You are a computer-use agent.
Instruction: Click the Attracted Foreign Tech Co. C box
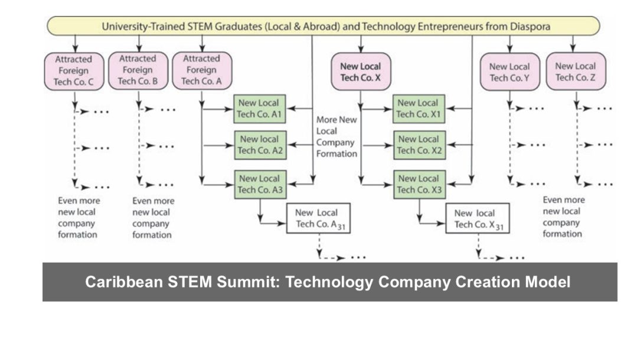tap(74, 71)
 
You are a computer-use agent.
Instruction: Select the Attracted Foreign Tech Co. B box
tap(138, 70)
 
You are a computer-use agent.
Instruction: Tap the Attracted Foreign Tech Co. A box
tap(202, 70)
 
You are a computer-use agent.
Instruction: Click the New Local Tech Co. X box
tap(361, 71)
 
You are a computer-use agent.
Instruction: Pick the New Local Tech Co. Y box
tap(510, 72)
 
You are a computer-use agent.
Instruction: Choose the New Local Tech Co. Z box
tap(575, 71)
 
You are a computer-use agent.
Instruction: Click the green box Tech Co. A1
tap(260, 108)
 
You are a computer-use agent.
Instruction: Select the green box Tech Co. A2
tap(260, 145)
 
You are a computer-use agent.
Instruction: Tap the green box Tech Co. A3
tap(260, 184)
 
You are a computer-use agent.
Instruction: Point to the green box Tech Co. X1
tap(419, 108)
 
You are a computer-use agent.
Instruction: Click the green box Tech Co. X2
tap(419, 145)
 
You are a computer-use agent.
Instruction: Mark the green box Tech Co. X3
tap(419, 184)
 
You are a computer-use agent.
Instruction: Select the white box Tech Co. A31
tap(319, 218)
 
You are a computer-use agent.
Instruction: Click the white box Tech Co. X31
tap(478, 219)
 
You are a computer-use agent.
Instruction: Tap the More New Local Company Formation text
tap(337, 136)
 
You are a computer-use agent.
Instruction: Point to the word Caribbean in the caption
tap(115, 282)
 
